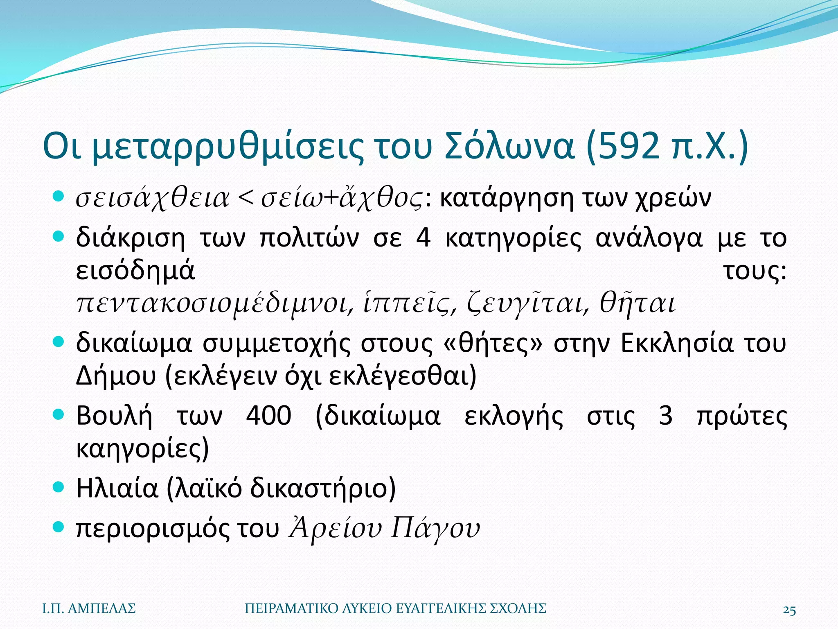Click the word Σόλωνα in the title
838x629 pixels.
click(509, 146)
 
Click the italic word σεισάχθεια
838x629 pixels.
click(153, 199)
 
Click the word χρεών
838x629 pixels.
click(674, 199)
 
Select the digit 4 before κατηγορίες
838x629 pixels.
click(424, 238)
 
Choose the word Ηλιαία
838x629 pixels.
click(117, 488)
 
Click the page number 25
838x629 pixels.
click(789, 610)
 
